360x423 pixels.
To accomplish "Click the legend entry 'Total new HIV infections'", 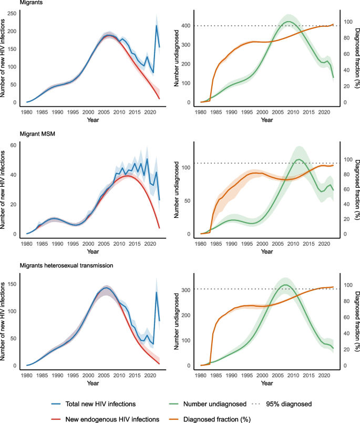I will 100,404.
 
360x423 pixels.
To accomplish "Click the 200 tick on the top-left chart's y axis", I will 14,32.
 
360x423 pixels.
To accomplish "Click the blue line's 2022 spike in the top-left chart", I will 156,25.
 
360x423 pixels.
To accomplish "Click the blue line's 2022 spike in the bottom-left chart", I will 156,292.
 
